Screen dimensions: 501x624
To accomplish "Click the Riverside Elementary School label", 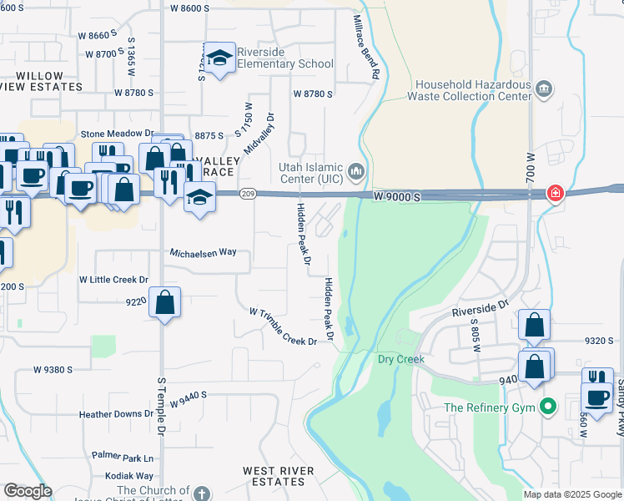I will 285,58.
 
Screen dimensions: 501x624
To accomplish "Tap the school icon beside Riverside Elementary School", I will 219,58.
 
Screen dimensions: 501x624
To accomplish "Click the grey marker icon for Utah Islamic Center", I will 357,172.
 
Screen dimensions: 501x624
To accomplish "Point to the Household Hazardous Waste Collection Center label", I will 473,90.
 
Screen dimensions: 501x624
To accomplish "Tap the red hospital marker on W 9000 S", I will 555,194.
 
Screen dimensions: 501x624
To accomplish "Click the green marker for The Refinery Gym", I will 547,407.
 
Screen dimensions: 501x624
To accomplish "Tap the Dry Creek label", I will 401,359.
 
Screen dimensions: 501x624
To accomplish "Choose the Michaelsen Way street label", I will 204,251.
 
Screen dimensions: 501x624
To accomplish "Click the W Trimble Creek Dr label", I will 284,326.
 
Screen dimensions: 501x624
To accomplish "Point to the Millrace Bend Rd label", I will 366,46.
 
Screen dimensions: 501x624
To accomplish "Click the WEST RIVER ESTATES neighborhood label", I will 279,477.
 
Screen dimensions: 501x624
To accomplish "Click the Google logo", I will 28,492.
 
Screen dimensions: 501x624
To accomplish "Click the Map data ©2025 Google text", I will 571,494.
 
